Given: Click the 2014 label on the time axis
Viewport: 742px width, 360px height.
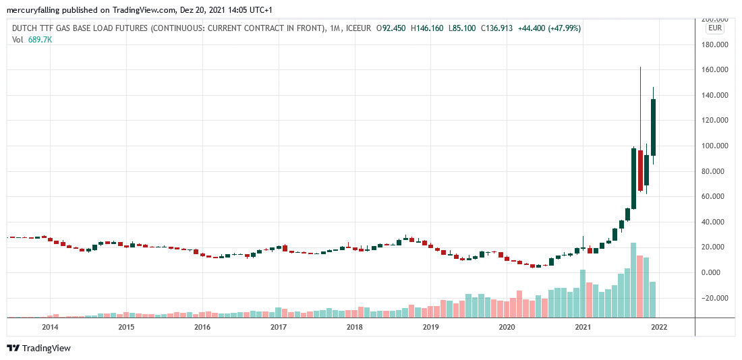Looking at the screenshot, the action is click(50, 327).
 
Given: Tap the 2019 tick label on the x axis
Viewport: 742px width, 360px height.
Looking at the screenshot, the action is click(430, 327).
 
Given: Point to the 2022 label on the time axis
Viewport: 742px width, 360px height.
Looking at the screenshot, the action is click(659, 327).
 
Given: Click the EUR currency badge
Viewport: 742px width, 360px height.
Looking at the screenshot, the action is click(714, 28).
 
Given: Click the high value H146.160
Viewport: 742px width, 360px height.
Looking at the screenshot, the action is click(426, 28).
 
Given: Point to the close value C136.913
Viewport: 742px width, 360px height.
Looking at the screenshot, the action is click(497, 28).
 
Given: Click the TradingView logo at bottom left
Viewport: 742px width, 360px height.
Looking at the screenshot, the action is click(39, 348).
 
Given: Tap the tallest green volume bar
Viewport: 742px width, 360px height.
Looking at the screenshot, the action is click(633, 280).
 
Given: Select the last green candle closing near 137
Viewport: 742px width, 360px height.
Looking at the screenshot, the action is click(653, 127).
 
